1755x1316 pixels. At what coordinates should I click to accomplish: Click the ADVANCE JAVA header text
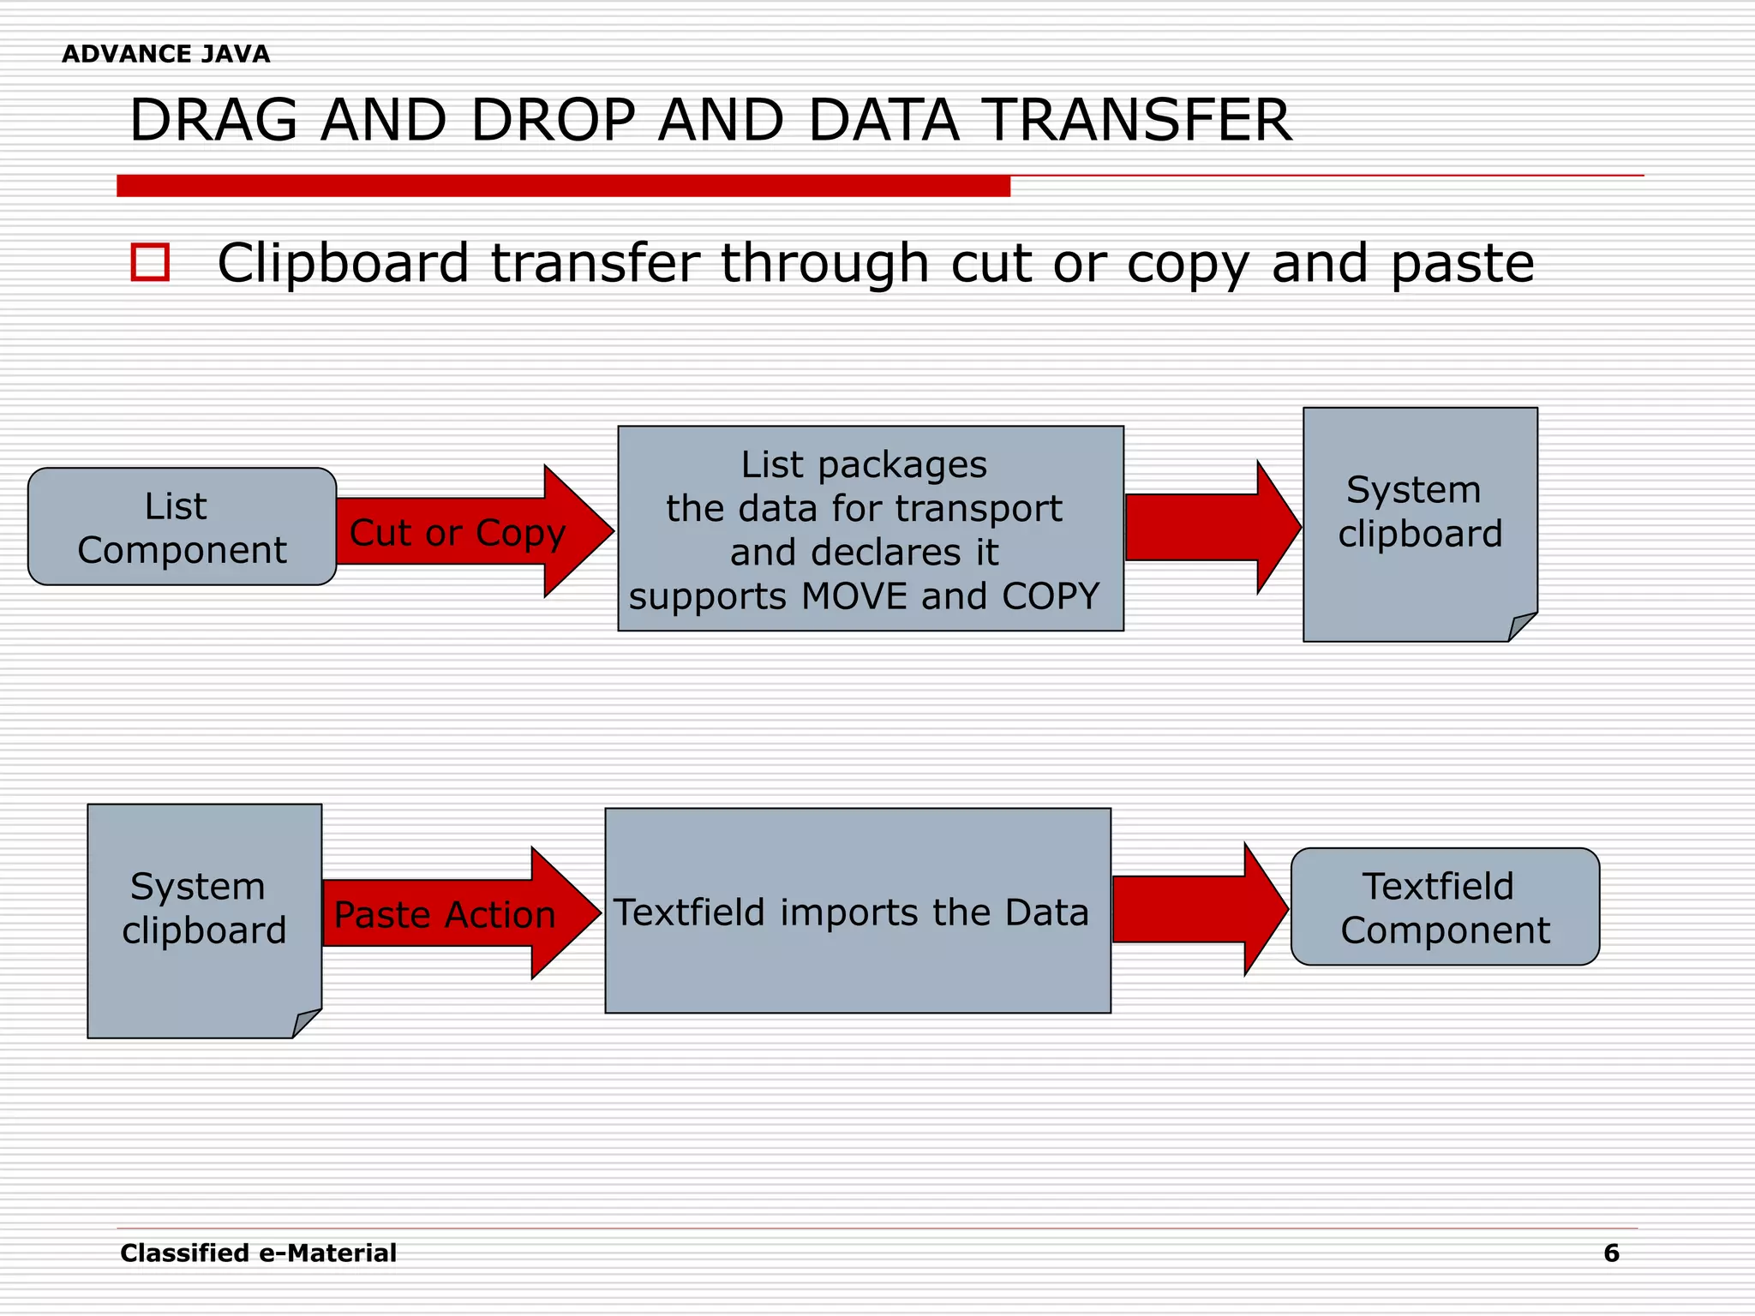click(x=165, y=54)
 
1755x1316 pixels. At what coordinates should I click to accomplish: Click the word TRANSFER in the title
click(x=1135, y=120)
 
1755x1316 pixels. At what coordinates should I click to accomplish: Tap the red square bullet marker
click(x=150, y=262)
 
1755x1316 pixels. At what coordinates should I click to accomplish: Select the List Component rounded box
click(x=182, y=527)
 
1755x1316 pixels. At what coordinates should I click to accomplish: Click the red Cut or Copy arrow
click(x=463, y=531)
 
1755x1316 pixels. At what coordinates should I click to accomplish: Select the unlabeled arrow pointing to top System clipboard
click(x=1208, y=528)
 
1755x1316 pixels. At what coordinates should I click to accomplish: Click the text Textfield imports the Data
click(x=851, y=912)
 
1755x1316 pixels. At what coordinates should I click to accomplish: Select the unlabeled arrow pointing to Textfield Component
click(x=1195, y=909)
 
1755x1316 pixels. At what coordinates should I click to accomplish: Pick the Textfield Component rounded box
click(x=1445, y=907)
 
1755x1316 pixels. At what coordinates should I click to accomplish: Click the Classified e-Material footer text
click(x=258, y=1253)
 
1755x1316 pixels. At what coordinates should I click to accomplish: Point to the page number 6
click(x=1611, y=1253)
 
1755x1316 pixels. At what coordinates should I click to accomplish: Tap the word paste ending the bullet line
click(x=1462, y=264)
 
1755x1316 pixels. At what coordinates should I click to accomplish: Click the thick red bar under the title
click(x=563, y=186)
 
